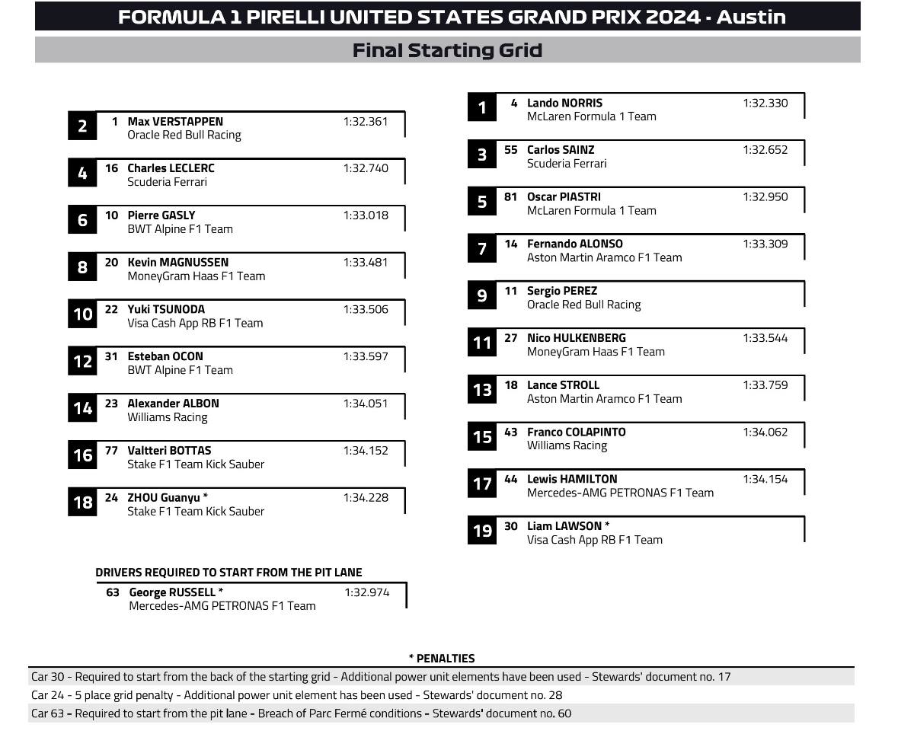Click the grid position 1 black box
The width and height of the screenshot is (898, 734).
pos(481,108)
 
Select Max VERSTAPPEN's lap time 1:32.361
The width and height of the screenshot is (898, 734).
pos(366,121)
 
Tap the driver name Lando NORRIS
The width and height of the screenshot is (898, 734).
pos(564,103)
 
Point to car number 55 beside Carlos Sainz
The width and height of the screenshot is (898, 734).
pos(510,150)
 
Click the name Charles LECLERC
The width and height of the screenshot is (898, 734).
pos(171,168)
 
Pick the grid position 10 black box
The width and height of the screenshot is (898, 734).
pos(82,314)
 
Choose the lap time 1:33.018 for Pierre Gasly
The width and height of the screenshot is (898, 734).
pos(366,215)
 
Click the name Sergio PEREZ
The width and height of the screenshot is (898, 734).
pos(562,291)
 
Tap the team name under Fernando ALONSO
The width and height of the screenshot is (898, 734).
pos(604,257)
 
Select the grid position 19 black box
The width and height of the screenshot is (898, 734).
pos(481,531)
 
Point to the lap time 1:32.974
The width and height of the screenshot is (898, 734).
pos(366,592)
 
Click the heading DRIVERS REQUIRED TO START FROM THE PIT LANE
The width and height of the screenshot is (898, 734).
pos(228,573)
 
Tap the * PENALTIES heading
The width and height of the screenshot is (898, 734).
pos(441,659)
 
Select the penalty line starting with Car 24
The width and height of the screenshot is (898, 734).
pos(296,695)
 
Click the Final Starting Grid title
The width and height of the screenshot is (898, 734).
pos(447,50)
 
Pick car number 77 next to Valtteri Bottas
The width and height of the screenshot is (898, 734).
pos(111,451)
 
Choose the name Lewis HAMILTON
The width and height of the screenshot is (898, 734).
pos(572,479)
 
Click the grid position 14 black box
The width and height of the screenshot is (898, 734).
pos(82,409)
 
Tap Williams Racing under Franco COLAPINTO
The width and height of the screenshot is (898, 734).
pos(567,445)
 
